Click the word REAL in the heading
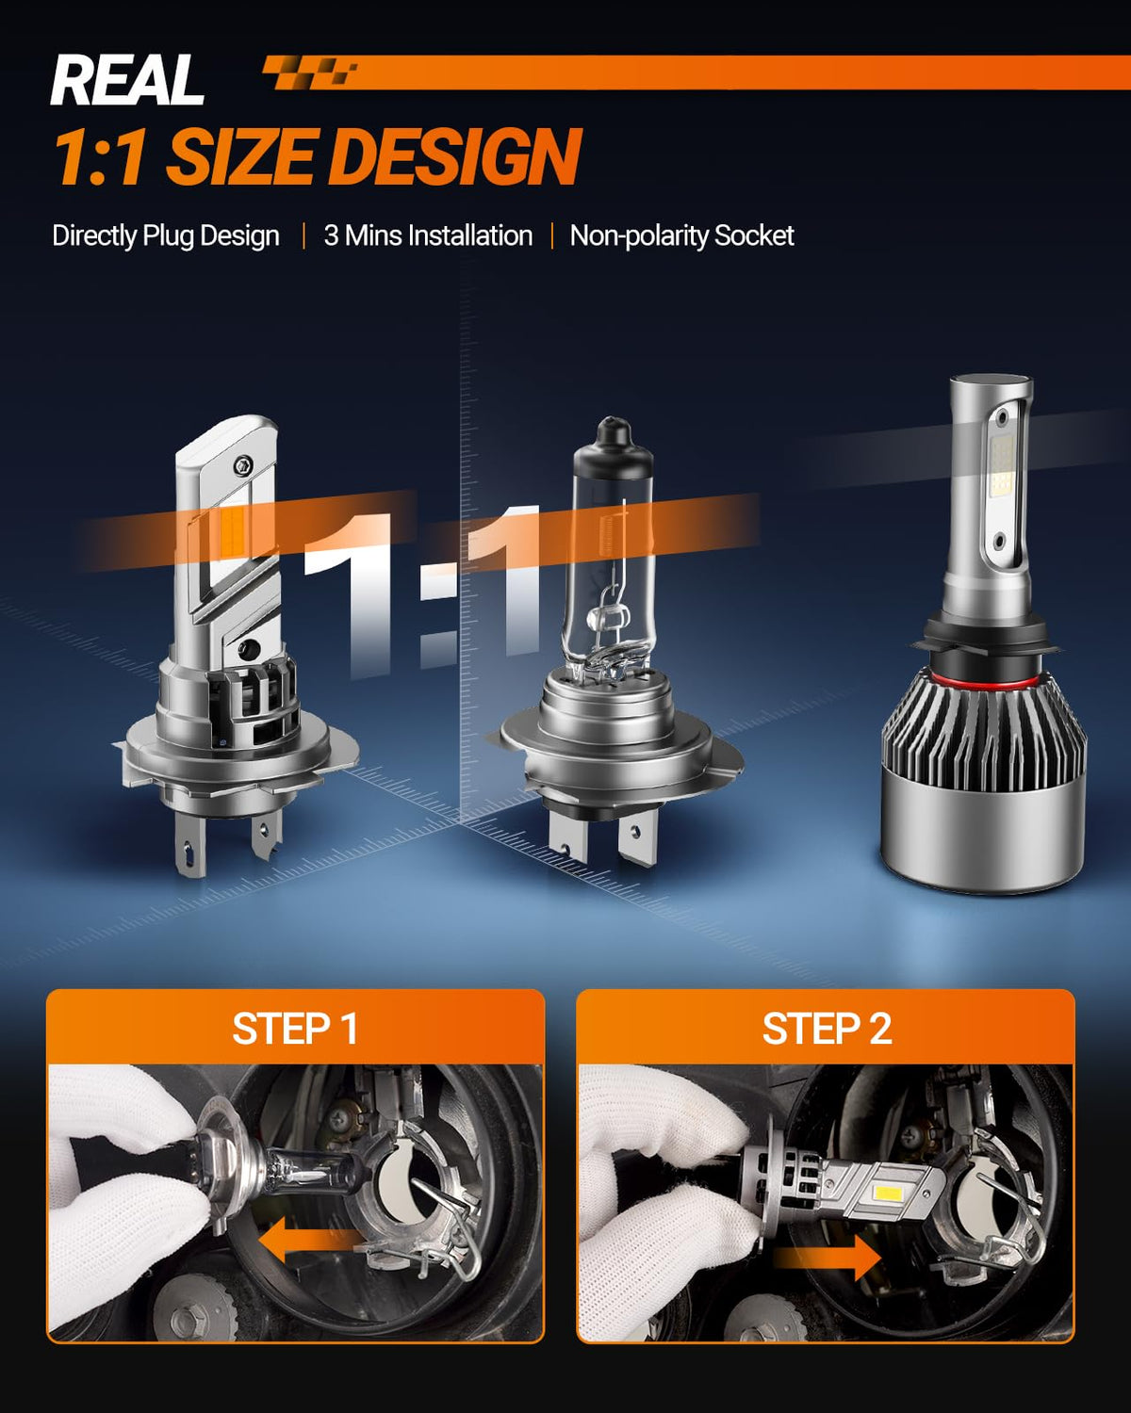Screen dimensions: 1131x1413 (x=127, y=79)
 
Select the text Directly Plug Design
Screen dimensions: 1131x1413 (x=166, y=235)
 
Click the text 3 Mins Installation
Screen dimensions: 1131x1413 (x=428, y=235)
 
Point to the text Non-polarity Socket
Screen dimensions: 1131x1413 (x=682, y=235)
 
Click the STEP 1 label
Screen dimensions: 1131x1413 (x=295, y=1029)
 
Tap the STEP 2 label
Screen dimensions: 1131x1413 (x=827, y=1029)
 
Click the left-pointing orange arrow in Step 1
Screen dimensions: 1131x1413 (x=310, y=1240)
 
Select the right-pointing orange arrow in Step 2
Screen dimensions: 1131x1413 (x=827, y=1257)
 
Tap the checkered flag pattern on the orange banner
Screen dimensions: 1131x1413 (x=310, y=72)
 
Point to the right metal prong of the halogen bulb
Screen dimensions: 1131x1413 (x=637, y=837)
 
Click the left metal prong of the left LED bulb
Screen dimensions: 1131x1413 (x=190, y=847)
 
